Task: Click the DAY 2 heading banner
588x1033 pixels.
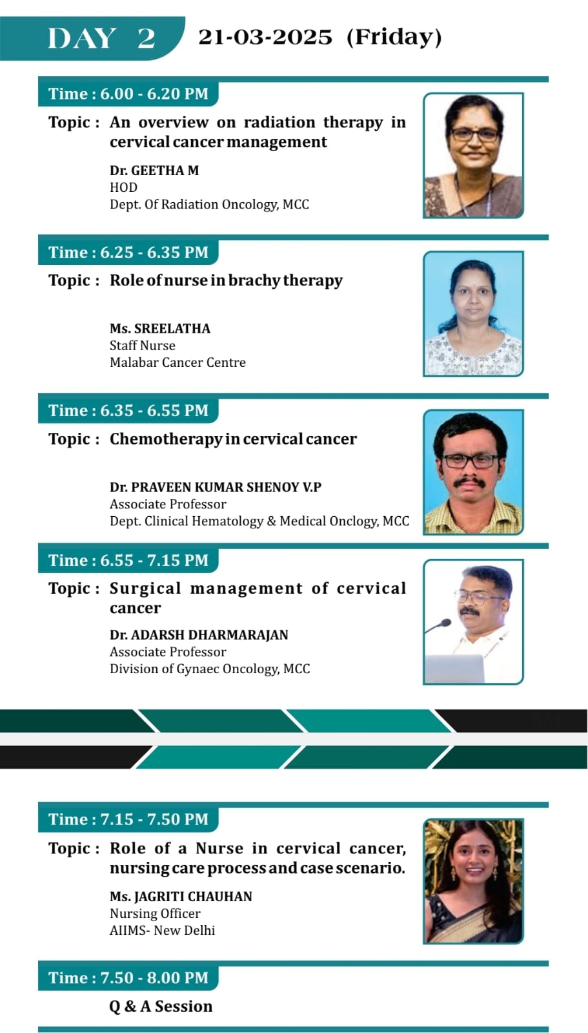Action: pyautogui.click(x=92, y=38)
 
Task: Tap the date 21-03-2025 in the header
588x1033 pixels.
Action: pyautogui.click(x=265, y=37)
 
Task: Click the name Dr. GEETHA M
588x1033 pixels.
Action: pyautogui.click(x=154, y=170)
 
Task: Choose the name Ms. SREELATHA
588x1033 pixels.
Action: pyautogui.click(x=160, y=328)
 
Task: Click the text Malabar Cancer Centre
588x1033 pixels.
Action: pyautogui.click(x=177, y=362)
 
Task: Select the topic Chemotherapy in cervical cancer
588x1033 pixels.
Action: pyautogui.click(x=233, y=439)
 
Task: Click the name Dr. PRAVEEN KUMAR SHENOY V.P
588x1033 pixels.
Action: pyautogui.click(x=216, y=487)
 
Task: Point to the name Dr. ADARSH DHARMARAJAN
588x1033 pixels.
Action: pyautogui.click(x=199, y=635)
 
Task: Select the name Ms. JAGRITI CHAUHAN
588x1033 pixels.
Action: pyautogui.click(x=181, y=897)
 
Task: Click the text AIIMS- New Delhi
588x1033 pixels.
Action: pyautogui.click(x=162, y=931)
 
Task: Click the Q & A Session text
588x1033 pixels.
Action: pyautogui.click(x=161, y=1007)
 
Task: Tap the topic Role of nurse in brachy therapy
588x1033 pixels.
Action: pyautogui.click(x=227, y=281)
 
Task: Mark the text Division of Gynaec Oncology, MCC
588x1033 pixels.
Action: pyautogui.click(x=210, y=669)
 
